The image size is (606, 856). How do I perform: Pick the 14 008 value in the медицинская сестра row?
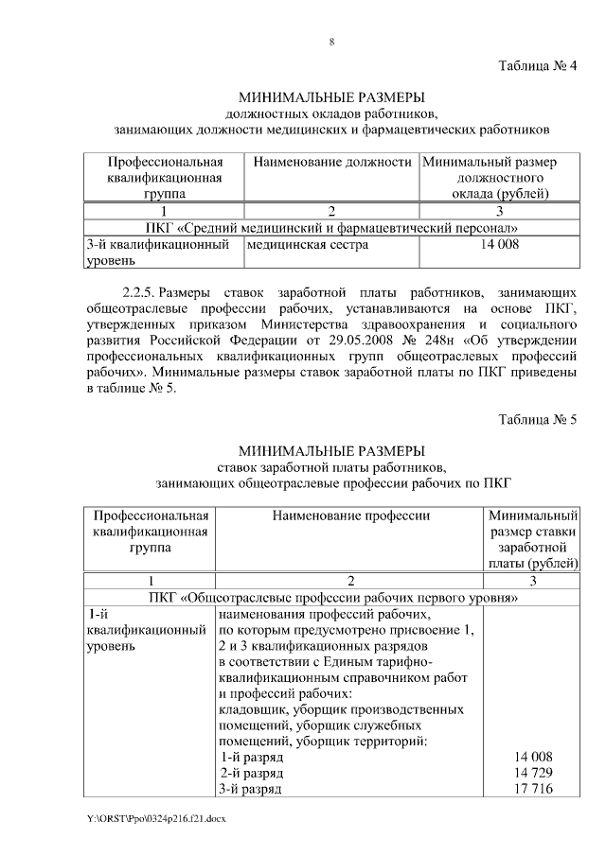click(x=500, y=245)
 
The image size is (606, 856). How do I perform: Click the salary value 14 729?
click(x=532, y=773)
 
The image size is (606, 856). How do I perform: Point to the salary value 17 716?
click(x=532, y=789)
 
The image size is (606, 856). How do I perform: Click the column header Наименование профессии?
click(x=350, y=515)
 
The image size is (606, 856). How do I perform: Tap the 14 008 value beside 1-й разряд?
click(x=532, y=757)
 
